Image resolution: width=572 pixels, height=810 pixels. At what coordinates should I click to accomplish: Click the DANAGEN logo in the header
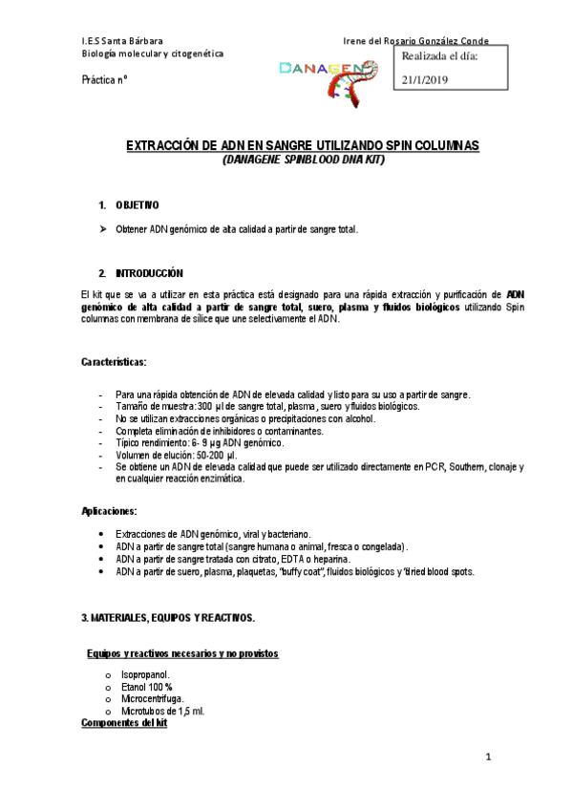(x=329, y=75)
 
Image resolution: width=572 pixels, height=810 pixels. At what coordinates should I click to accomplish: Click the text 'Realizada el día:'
(x=439, y=57)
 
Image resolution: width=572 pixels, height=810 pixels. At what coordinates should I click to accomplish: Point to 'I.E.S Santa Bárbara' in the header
(x=122, y=41)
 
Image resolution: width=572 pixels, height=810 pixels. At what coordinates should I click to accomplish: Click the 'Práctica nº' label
(x=105, y=82)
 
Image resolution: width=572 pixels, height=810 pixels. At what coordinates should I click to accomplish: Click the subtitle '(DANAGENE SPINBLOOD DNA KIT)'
(x=303, y=160)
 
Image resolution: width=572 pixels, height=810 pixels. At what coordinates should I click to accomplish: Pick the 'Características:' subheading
(x=114, y=363)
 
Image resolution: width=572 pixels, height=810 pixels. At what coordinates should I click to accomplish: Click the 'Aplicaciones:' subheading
(x=109, y=511)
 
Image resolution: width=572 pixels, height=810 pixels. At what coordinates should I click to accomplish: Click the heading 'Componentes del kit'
(x=124, y=724)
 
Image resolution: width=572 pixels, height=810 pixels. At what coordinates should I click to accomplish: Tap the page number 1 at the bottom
(x=487, y=758)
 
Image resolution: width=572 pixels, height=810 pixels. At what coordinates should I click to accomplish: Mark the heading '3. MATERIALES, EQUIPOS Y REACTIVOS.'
(x=168, y=618)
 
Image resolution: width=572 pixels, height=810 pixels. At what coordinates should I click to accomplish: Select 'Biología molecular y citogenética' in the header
(x=154, y=53)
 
